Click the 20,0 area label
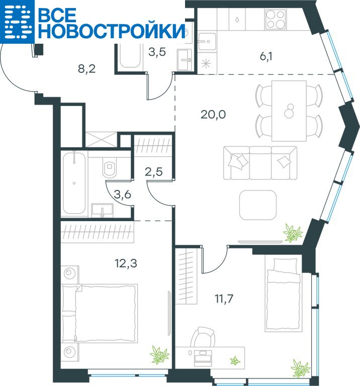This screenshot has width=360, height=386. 213,115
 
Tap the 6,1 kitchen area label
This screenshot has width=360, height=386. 266,57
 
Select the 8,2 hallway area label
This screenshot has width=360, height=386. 86,69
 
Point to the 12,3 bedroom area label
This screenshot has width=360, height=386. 126,263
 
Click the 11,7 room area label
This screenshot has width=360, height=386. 224,299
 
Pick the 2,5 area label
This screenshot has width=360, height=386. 154,171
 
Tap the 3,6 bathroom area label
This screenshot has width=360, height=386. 123,195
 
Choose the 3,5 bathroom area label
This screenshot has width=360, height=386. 157,52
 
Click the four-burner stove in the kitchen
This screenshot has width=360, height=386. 276,19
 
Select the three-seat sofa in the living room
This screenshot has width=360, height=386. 260,163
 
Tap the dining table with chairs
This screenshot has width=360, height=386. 289,111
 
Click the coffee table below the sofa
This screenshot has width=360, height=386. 258,205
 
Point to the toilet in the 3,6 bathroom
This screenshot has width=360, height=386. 109,167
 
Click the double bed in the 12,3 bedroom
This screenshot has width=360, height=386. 100,313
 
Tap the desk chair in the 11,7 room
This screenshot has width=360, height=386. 203,337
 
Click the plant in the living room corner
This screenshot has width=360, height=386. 293,233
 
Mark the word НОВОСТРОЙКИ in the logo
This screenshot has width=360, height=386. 112,31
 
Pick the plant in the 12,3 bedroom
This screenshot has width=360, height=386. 159,355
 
